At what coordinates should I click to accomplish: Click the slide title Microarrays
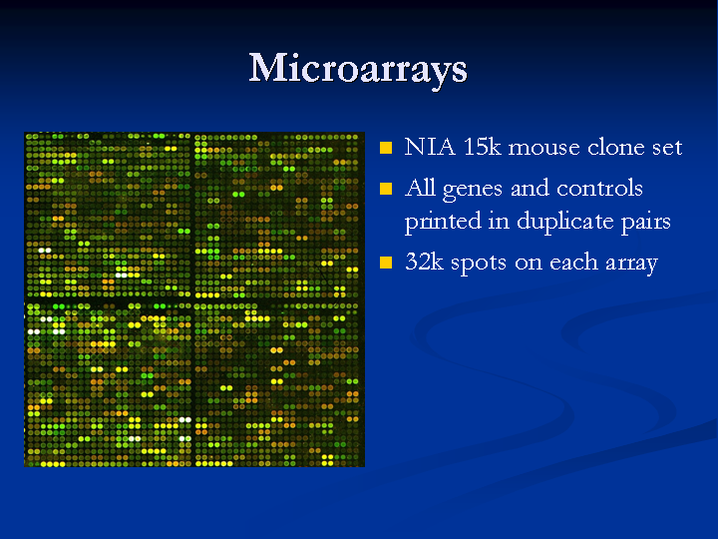click(x=358, y=69)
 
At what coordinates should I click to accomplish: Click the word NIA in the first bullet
click(x=430, y=147)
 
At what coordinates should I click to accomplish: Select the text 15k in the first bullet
click(x=483, y=147)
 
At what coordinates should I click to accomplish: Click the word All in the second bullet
click(x=420, y=188)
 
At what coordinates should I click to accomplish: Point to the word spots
click(x=479, y=264)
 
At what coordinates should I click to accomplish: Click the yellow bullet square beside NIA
click(x=386, y=148)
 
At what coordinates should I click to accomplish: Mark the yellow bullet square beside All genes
click(x=386, y=189)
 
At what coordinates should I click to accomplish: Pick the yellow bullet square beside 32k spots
click(x=386, y=263)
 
